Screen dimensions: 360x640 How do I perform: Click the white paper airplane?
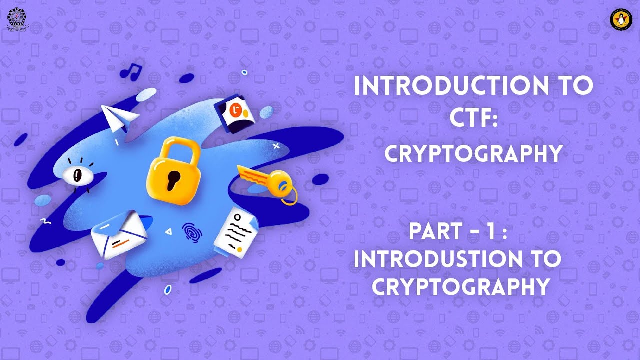119,117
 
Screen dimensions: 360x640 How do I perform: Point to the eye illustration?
76,175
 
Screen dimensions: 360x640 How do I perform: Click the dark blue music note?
131,72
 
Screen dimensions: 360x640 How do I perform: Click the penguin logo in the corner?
621,19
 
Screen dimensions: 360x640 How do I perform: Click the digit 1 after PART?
495,231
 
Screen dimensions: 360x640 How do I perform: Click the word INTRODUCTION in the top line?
439,86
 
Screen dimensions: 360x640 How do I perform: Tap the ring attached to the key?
288,195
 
